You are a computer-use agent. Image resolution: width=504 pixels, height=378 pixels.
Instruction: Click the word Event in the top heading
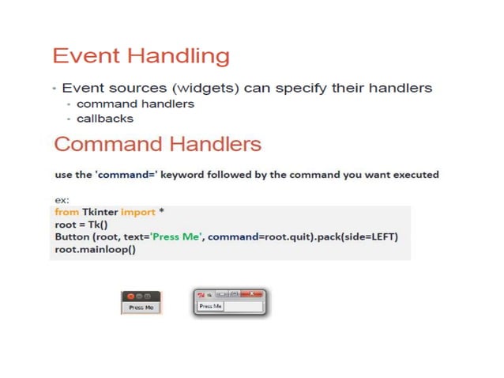pos(86,56)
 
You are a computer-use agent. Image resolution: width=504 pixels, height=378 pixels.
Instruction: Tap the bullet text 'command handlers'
pos(135,104)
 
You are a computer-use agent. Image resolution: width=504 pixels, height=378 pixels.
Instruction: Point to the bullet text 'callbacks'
pos(105,119)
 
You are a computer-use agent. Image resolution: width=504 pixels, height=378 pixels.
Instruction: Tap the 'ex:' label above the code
pos(61,201)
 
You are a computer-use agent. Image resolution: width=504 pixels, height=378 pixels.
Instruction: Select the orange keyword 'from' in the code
pos(66,213)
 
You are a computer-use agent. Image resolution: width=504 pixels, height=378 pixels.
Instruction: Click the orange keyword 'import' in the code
pos(135,213)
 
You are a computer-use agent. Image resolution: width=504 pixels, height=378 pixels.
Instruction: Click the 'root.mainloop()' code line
pos(95,250)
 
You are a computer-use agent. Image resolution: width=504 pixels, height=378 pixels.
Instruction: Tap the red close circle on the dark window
pos(130,296)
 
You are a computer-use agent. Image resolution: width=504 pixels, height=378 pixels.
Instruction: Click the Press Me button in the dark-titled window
pos(141,307)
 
